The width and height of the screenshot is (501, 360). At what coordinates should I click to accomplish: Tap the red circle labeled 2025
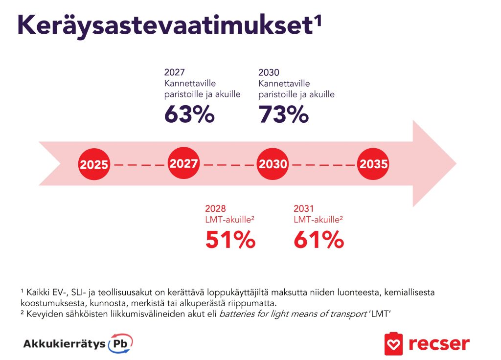94,164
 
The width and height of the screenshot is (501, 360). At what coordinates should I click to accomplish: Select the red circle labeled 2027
183,163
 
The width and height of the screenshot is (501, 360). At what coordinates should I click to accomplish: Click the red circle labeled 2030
273,164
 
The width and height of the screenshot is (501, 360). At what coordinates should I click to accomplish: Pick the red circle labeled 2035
373,164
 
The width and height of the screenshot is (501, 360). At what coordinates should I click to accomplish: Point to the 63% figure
189,114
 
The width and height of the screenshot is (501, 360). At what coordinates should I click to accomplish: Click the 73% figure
283,114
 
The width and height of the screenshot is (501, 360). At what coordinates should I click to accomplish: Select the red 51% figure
230,240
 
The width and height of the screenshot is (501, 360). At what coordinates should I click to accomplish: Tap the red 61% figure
319,240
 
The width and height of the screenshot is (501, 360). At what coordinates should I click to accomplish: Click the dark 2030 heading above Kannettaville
269,72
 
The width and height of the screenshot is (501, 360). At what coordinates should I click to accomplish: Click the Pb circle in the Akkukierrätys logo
120,343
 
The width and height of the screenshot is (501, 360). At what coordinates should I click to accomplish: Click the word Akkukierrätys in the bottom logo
64,343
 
